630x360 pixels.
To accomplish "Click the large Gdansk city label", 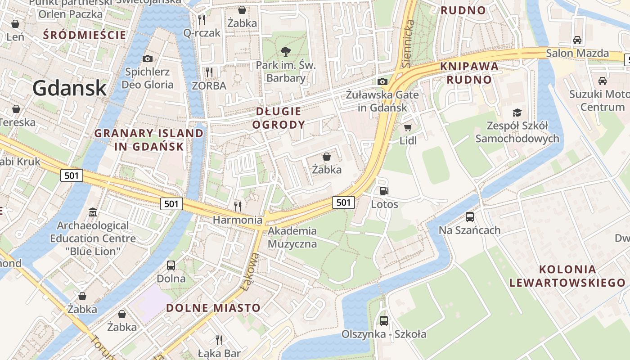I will pyautogui.click(x=70, y=88).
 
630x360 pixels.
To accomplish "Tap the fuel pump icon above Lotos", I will pyautogui.click(x=384, y=191).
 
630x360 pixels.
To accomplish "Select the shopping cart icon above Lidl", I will pyautogui.click(x=408, y=127).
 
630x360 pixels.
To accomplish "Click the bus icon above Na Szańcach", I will pyautogui.click(x=470, y=217).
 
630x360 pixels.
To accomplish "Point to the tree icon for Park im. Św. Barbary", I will pyautogui.click(x=285, y=52).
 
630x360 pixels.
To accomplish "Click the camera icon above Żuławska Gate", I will pyautogui.click(x=382, y=81).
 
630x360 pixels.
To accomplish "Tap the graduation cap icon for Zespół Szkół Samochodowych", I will pyautogui.click(x=517, y=112).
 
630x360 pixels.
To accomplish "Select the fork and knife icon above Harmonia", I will pyautogui.click(x=238, y=207).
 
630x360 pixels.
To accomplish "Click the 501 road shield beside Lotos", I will pyautogui.click(x=343, y=202).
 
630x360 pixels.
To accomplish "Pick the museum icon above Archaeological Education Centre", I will pyautogui.click(x=93, y=212).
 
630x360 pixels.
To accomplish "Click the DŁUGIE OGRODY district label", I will pyautogui.click(x=279, y=118).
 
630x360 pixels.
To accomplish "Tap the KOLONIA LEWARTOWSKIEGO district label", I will pyautogui.click(x=567, y=276).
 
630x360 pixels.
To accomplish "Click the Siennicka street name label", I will pyautogui.click(x=408, y=44).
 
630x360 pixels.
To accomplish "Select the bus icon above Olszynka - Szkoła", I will pyautogui.click(x=383, y=321).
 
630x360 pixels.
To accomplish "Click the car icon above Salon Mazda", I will pyautogui.click(x=577, y=40).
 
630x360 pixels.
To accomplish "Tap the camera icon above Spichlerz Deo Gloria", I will pyautogui.click(x=147, y=58).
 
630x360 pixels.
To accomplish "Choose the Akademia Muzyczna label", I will pyautogui.click(x=292, y=237).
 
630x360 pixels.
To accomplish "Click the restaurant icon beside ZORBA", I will pyautogui.click(x=209, y=72).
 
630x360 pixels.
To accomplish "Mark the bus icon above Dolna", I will pyautogui.click(x=171, y=265).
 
